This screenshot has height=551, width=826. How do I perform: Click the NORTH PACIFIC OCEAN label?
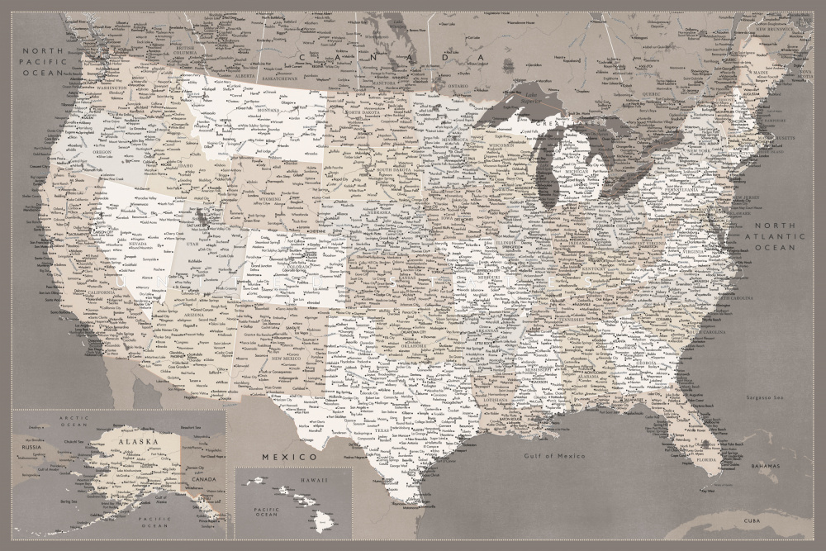pyautogui.click(x=43, y=62)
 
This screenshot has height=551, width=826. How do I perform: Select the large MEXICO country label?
pyautogui.click(x=288, y=456)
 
